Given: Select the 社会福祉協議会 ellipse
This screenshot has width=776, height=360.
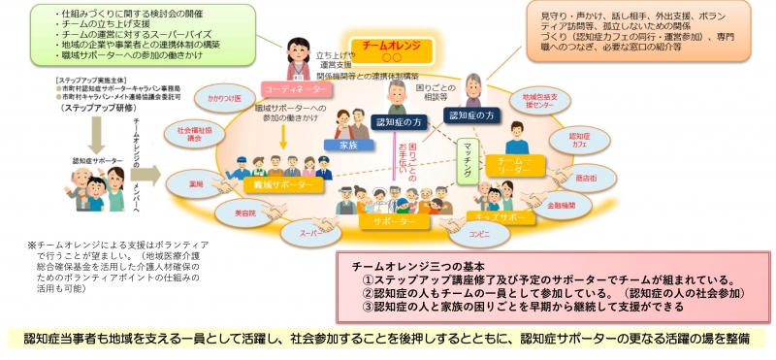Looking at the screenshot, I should [194, 134].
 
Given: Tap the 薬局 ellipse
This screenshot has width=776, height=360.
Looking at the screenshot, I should [197, 180].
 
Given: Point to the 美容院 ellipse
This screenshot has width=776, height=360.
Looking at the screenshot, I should [229, 212].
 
